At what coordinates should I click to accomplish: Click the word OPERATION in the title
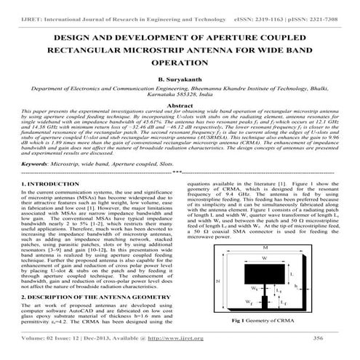pos(180,63)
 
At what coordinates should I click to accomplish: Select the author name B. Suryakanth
pos(180,79)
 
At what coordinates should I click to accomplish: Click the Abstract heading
pos(180,105)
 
